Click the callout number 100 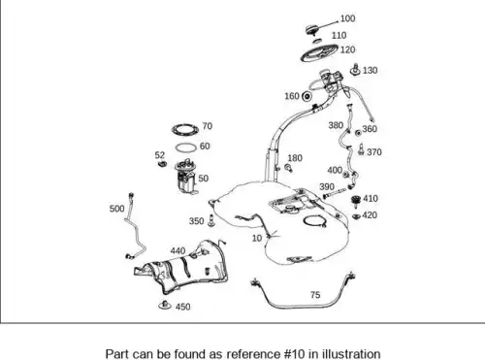(347, 18)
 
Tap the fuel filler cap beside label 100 (312, 30)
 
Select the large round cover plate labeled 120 (319, 52)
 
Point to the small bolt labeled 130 (356, 70)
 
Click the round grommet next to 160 (307, 96)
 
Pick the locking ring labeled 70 (185, 130)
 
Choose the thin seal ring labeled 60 (186, 147)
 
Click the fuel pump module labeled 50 (186, 177)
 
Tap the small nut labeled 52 (162, 164)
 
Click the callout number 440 (178, 251)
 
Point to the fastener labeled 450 (165, 305)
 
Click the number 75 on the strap (315, 295)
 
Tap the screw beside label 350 (211, 220)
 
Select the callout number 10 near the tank (257, 238)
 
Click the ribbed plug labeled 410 (356, 201)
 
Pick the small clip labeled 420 (356, 216)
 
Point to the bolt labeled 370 (361, 149)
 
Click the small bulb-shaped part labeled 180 (288, 168)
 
